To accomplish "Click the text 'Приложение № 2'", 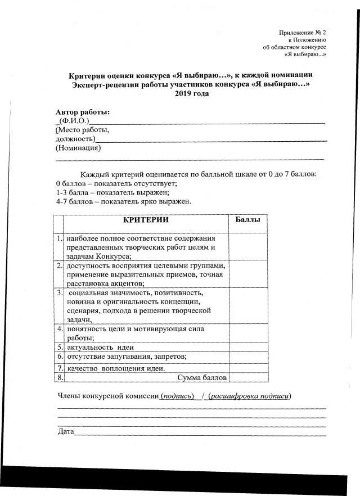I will pos(303,33).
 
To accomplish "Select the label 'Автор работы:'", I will pos(83,112).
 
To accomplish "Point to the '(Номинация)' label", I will pos(78,148).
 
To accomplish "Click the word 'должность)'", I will pos(75,139).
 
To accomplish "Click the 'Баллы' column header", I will pos(247,220).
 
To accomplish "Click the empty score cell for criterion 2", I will pos(247,274).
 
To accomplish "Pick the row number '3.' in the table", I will pos(59,292).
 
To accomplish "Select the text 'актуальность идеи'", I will pos(100,347).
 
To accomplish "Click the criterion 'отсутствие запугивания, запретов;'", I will pos(134,357).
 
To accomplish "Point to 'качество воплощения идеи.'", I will pos(116,368).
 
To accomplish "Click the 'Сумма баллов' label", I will pos(202,377).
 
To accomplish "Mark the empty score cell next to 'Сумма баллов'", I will pos(247,377).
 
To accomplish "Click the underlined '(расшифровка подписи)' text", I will pos(249,396).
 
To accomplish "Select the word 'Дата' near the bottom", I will pos(66,431).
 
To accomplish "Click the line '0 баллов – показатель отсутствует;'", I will pos(116,183).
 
